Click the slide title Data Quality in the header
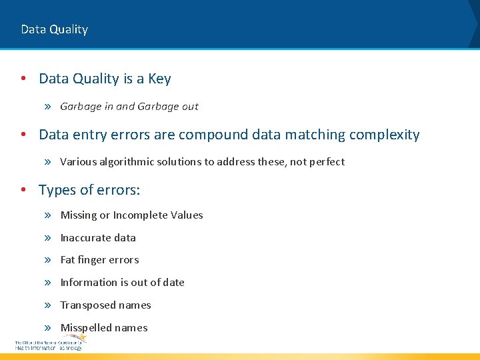coord(54,29)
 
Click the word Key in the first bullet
coord(159,79)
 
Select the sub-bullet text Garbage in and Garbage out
coord(129,107)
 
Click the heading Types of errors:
coord(89,190)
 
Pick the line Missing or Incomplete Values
coord(131,215)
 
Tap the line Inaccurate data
coord(98,238)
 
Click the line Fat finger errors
coord(99,260)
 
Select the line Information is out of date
coord(122,283)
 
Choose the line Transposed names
coord(105,305)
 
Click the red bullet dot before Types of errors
coord(23,190)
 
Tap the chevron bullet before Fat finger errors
coord(48,260)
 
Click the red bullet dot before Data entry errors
coord(23,135)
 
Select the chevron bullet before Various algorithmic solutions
coord(48,162)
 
